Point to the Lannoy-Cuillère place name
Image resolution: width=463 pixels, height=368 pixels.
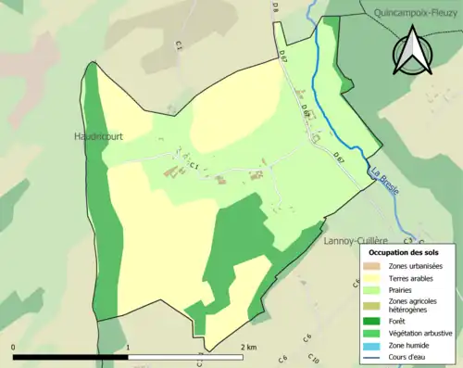pos(356,240)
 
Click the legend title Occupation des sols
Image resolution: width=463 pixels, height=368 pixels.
pos(404,252)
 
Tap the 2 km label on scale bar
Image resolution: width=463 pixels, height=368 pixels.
pos(247,347)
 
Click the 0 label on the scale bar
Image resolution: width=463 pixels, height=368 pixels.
pos(13,347)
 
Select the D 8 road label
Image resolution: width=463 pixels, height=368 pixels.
pos(275,6)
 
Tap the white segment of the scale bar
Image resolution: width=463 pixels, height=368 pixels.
pos(185,356)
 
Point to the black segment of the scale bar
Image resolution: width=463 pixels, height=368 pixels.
pos(70,356)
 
